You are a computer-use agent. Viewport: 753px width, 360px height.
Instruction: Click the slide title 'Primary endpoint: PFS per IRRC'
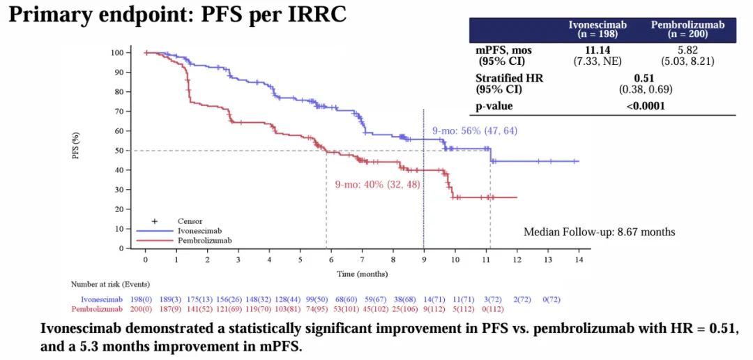tap(177, 15)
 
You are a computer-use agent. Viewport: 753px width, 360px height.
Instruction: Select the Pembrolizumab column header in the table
tap(687, 29)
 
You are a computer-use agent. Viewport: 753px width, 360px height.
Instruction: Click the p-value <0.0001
tap(645, 106)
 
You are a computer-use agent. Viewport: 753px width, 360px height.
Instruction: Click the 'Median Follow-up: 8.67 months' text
tap(599, 232)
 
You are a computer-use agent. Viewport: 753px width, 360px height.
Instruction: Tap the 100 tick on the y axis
tap(116, 53)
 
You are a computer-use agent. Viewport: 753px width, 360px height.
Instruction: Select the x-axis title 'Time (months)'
tap(363, 273)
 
